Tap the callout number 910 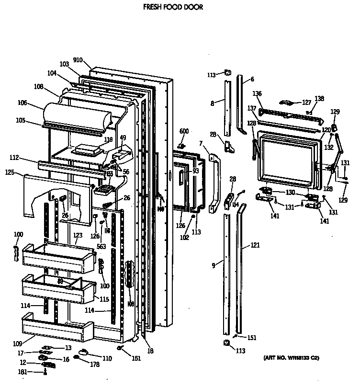click(78, 60)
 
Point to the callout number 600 click(184, 131)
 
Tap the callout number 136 click(257, 94)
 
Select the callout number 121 click(255, 246)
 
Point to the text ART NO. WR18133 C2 click(291, 358)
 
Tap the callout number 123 click(78, 235)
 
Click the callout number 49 click(123, 137)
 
